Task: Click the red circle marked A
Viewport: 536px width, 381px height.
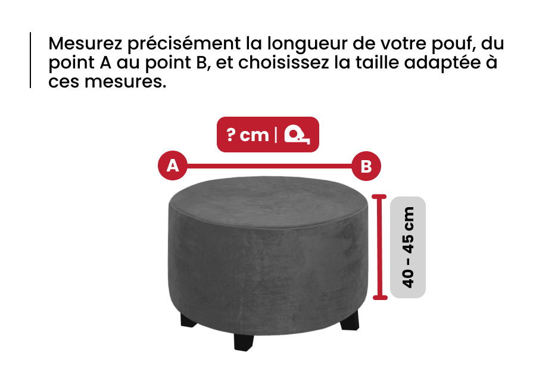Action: coord(173,165)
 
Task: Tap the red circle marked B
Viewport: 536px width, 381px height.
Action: coord(366,166)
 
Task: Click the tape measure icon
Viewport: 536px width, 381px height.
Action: coord(297,134)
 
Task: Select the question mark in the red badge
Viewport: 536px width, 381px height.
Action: coord(230,135)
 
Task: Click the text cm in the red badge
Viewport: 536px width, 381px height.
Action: coord(254,136)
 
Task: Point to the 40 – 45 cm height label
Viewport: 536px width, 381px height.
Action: coord(408,248)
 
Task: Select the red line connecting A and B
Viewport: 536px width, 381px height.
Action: coord(269,167)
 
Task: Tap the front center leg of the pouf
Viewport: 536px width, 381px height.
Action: coord(244,342)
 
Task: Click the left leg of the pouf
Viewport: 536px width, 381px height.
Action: coord(188,320)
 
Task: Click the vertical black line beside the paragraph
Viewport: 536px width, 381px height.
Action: coord(30,60)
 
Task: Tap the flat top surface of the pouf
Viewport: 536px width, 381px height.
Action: coord(269,202)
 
